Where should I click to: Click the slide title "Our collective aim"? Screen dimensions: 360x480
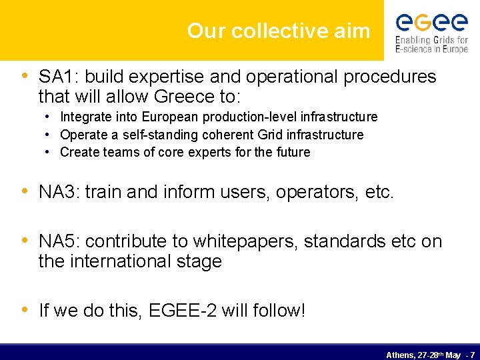(279, 31)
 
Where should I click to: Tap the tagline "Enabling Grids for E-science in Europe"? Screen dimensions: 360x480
(431, 45)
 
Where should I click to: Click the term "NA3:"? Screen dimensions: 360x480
(59, 193)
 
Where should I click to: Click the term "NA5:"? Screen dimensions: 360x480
(59, 241)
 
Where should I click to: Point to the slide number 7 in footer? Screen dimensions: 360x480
(472, 355)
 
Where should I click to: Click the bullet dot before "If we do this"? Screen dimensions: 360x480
(25, 309)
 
